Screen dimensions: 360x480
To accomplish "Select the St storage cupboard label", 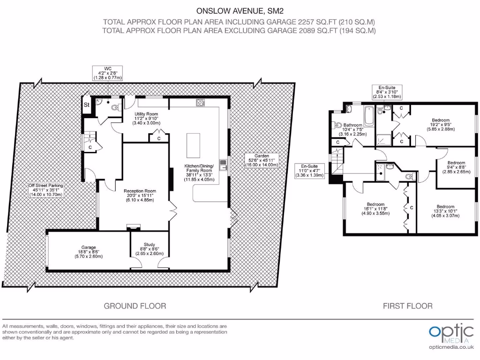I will [x=87, y=105].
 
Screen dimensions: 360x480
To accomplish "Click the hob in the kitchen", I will [x=201, y=103].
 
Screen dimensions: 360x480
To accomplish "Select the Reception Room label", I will [x=140, y=195].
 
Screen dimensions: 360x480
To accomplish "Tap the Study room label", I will [x=150, y=249].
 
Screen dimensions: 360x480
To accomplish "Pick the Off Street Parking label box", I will [x=45, y=190].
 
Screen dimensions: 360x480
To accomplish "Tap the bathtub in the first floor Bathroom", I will [x=369, y=115].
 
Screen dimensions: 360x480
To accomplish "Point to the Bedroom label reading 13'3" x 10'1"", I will [x=445, y=211].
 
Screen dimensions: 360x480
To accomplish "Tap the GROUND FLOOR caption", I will [x=135, y=306].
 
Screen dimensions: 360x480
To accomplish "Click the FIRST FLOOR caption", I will [x=408, y=306].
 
